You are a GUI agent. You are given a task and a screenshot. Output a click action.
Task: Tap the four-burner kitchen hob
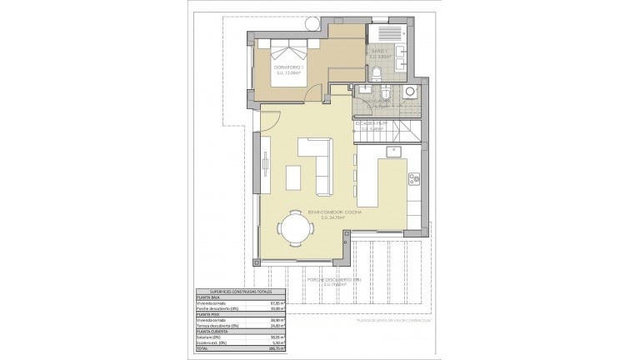413,177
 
